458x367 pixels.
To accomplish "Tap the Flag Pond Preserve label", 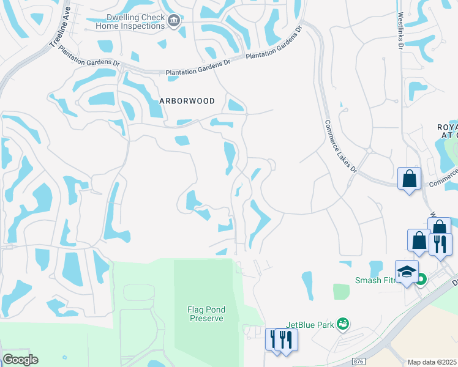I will (x=206, y=314).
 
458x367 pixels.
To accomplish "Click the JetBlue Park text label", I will (x=310, y=325).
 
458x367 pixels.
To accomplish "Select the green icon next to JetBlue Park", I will (x=343, y=323).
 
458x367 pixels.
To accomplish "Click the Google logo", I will (x=20, y=360).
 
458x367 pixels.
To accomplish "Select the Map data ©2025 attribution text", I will (x=432, y=362).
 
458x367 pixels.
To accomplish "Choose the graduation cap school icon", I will (x=407, y=271).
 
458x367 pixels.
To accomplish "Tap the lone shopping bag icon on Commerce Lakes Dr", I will (x=410, y=179).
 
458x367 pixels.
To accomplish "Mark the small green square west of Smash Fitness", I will (x=341, y=291).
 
